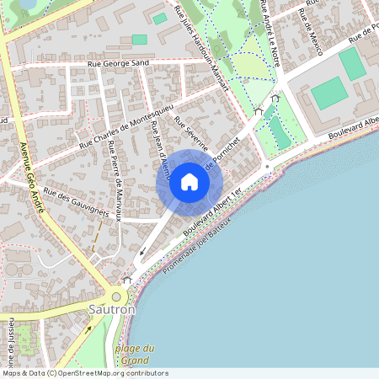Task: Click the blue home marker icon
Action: [x=189, y=181]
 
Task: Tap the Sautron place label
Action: [x=111, y=310]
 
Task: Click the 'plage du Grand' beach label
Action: [x=135, y=354]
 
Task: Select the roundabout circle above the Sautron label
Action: [x=116, y=296]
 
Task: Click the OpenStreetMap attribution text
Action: [x=84, y=373]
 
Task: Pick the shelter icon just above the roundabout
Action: [x=127, y=280]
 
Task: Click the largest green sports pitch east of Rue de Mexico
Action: [x=328, y=93]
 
